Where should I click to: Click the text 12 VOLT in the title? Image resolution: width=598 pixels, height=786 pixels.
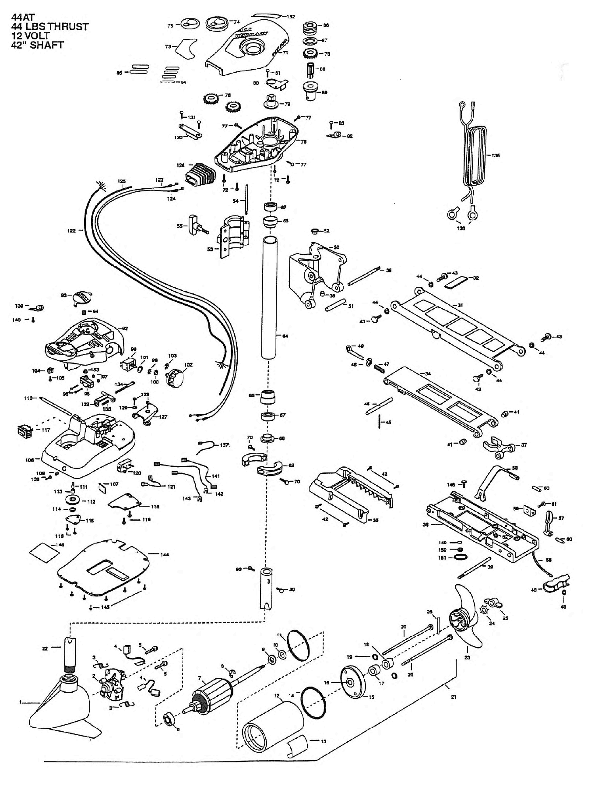tap(30, 36)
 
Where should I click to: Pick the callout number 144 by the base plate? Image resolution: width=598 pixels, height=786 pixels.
tap(165, 554)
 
